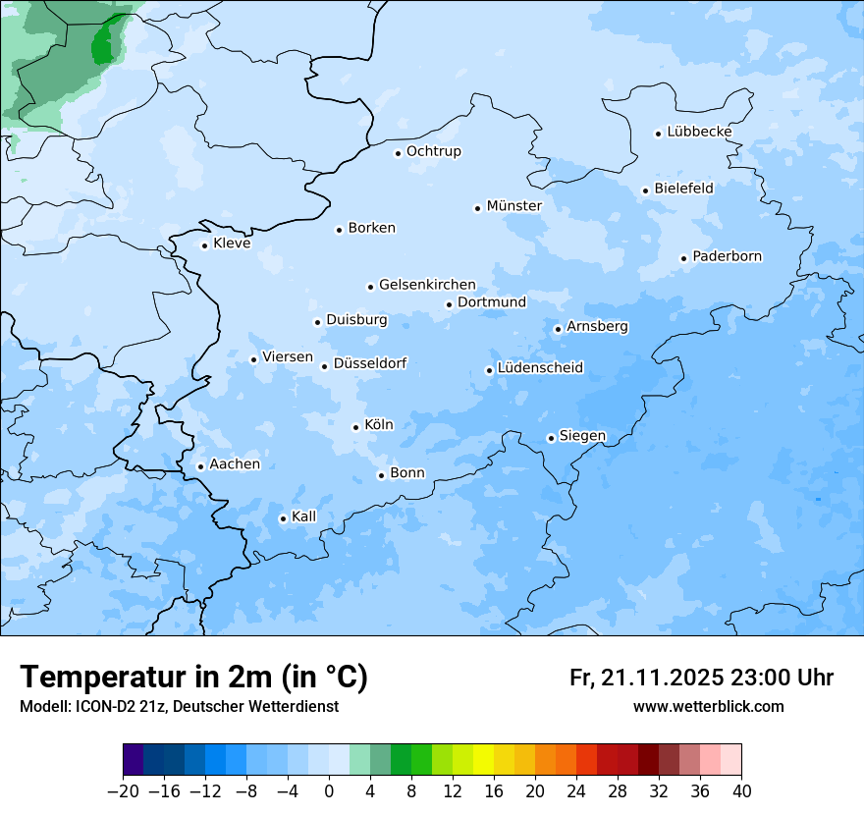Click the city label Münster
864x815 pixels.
[513, 206]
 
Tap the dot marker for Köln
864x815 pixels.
[355, 427]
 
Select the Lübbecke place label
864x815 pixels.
[699, 132]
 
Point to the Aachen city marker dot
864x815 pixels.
[200, 466]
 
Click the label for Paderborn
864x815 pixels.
[727, 256]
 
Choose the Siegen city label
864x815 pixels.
[582, 436]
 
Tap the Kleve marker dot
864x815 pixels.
[204, 245]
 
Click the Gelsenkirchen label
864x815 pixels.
[427, 285]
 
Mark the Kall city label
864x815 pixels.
[304, 516]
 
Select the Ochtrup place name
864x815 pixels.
[433, 151]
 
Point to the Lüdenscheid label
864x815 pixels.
[540, 368]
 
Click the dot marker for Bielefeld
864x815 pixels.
[645, 190]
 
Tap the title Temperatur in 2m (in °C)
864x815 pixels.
[193, 678]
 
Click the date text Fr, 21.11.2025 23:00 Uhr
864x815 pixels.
[701, 678]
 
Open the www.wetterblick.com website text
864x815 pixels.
[708, 706]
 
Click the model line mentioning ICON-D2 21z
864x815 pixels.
[178, 706]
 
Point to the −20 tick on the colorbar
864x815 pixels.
[123, 791]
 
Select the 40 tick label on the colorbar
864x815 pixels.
[741, 791]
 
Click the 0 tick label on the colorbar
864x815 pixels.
[329, 791]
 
